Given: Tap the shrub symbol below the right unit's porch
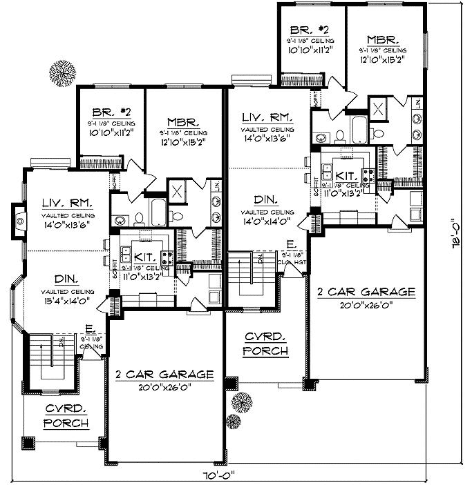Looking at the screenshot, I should pos(240,402).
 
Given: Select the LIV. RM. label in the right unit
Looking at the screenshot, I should pos(266,117).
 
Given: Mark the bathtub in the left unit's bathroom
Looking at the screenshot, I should pos(158,210).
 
